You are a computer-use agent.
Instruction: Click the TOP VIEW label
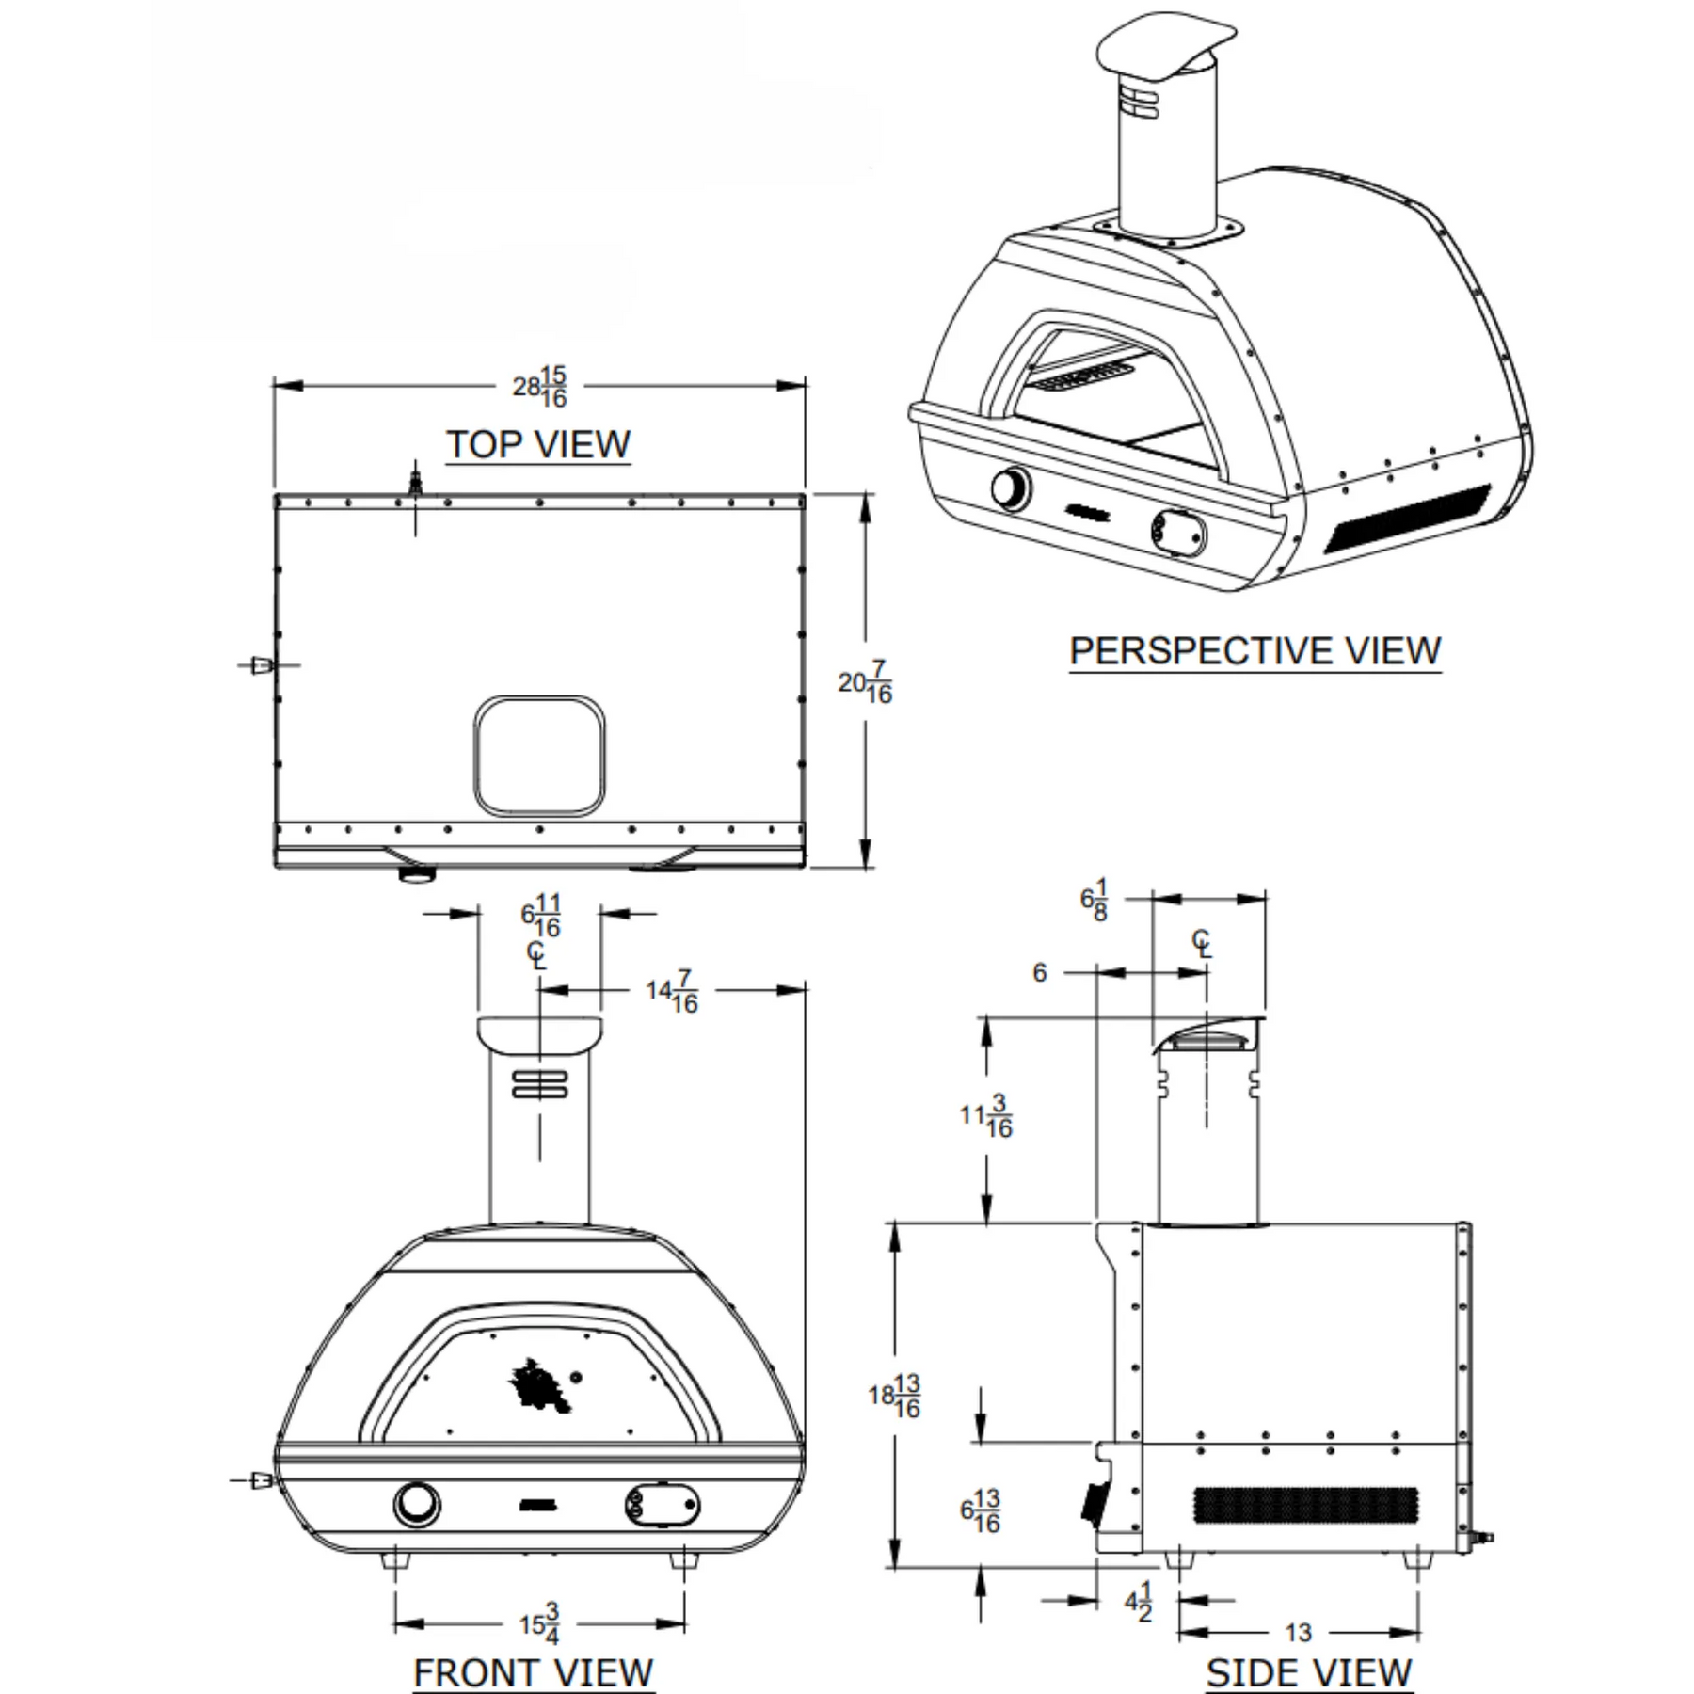(538, 444)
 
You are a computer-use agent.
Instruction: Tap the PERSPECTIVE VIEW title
(1255, 651)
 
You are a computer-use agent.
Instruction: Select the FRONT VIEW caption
(534, 1672)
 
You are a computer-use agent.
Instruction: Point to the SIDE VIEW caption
(1309, 1672)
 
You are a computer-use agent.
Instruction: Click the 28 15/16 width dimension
(540, 387)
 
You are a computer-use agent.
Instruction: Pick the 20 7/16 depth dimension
(865, 682)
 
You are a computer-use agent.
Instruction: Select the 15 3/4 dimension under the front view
(540, 1623)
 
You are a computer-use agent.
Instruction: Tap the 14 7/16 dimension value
(672, 992)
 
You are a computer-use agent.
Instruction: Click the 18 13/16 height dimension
(894, 1397)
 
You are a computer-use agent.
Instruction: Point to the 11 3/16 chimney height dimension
(986, 1116)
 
